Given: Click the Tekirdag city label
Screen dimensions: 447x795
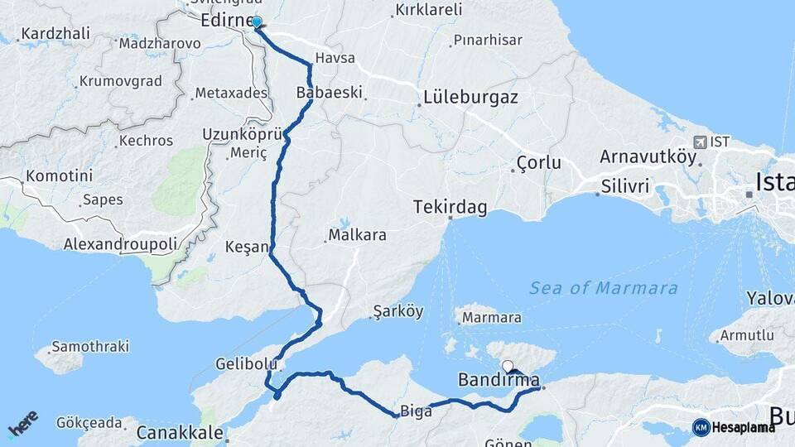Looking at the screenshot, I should point(450,206).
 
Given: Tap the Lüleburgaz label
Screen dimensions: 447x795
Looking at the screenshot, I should point(470,97).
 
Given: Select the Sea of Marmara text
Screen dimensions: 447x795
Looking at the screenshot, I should point(604,288).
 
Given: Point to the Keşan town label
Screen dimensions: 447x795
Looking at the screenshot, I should point(247,247).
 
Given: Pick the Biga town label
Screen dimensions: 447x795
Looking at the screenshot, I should point(416,411).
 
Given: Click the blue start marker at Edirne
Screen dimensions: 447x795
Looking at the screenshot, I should point(257,22).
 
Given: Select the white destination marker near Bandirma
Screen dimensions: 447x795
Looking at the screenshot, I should point(508,366).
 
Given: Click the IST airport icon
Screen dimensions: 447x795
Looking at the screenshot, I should point(701,142).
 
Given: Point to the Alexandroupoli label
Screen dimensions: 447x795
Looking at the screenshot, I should point(121,244).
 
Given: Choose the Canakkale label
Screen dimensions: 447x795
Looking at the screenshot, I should point(180,432).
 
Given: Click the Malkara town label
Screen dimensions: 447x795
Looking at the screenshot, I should point(358,235).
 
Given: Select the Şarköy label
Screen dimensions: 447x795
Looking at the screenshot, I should point(398,312).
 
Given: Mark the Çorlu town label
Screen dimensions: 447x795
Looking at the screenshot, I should point(538,163).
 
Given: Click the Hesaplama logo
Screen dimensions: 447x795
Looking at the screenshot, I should point(734,427).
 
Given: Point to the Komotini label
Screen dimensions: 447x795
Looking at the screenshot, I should point(59,176).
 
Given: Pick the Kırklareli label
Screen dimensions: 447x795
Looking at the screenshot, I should point(428,11).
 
